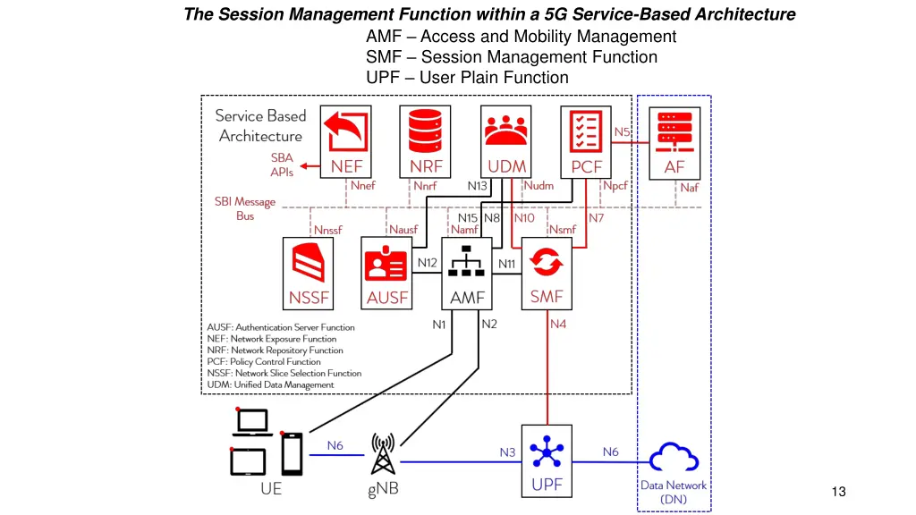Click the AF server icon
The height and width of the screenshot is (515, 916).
674,131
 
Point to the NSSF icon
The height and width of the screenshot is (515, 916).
309,262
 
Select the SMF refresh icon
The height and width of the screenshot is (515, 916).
547,262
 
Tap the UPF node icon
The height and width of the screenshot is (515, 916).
547,452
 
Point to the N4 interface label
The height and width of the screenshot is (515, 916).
558,324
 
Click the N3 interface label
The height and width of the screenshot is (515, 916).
507,452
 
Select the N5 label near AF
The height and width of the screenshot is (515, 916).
622,131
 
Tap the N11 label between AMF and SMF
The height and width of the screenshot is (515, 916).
507,264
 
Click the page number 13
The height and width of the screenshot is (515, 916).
838,491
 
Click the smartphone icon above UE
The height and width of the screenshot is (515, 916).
293,453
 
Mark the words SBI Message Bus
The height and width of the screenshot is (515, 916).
245,208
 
